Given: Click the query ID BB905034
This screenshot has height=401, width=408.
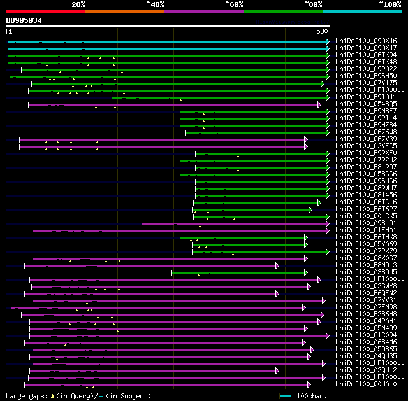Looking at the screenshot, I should [24, 20].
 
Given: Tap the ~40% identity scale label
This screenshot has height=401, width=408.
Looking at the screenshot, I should [155, 4].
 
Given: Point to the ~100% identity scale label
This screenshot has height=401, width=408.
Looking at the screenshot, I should [390, 4].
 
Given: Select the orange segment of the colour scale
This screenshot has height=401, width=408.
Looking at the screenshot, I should [125, 11].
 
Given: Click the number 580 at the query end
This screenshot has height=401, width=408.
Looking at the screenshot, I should [322, 31].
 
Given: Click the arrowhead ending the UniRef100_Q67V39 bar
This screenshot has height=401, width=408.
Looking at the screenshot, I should [306, 139].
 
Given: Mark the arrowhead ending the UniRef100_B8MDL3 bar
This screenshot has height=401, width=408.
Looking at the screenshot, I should [277, 265].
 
